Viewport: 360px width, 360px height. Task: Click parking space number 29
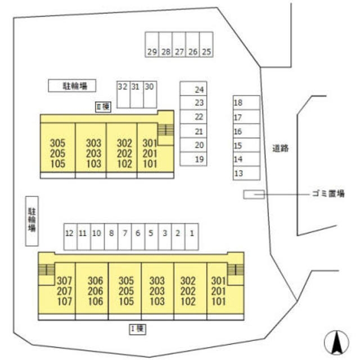coord(152,45)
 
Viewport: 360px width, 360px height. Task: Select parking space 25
coord(206,45)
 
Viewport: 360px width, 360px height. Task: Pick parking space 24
coord(193,89)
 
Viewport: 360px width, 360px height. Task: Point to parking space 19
coord(193,159)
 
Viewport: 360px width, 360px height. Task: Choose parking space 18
coord(246,103)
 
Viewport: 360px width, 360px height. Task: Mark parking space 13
coord(246,173)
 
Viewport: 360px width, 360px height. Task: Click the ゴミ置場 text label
coord(328,194)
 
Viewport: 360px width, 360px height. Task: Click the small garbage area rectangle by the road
coord(254,194)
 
